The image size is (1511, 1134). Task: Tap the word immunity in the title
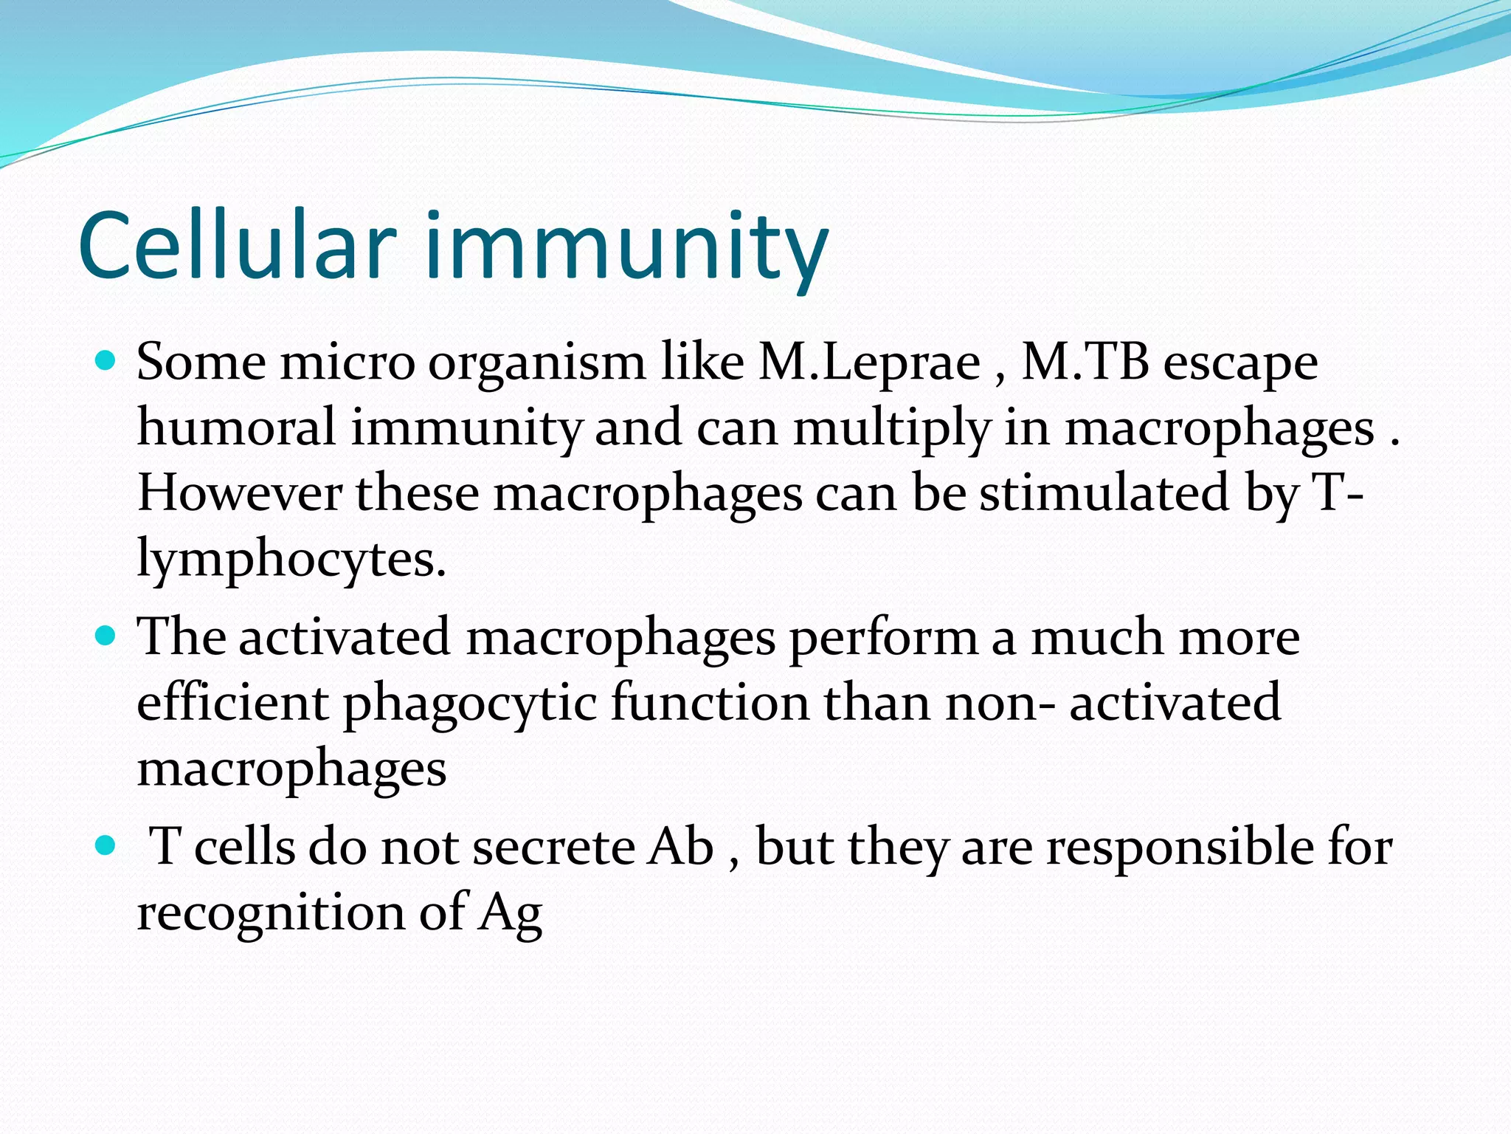click(x=626, y=247)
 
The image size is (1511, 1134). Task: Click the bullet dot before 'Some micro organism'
click(x=106, y=361)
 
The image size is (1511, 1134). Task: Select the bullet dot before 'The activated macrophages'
click(x=106, y=635)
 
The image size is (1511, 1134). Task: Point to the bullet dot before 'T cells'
click(x=106, y=845)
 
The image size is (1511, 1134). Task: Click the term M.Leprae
click(x=870, y=362)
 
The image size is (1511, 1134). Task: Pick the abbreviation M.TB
click(x=1085, y=362)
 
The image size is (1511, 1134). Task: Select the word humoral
click(x=236, y=427)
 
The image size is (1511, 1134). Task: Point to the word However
click(x=240, y=492)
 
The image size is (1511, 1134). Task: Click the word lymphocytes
click(x=291, y=560)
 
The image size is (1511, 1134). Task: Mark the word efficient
click(x=232, y=702)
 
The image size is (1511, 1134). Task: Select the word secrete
click(x=553, y=847)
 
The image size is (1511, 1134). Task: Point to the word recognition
click(x=271, y=912)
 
